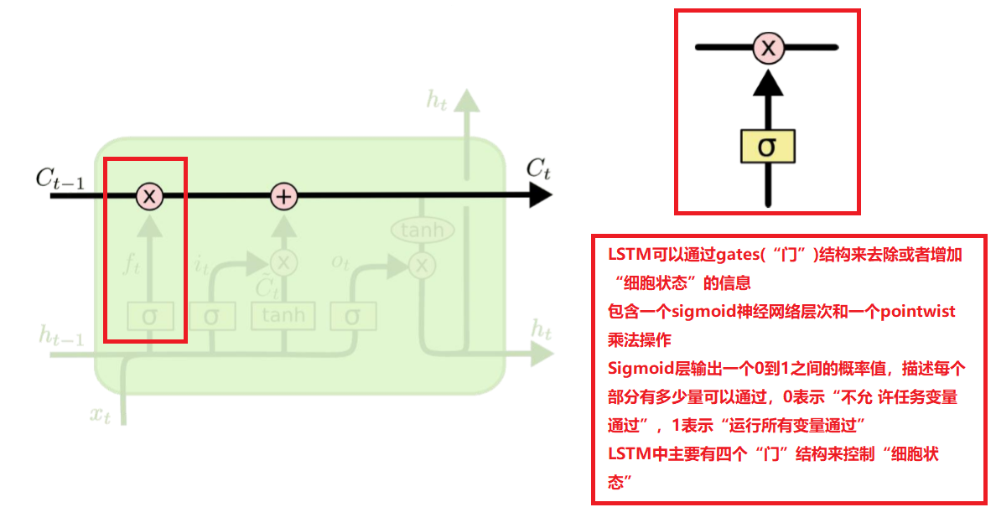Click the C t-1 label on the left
click(x=60, y=179)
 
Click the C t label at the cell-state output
click(x=537, y=168)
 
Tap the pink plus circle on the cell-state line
click(x=284, y=197)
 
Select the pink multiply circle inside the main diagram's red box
click(x=149, y=197)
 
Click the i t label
click(x=201, y=266)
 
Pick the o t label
click(x=340, y=264)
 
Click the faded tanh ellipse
click(x=423, y=230)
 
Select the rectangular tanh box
click(x=284, y=316)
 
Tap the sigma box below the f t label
click(x=149, y=316)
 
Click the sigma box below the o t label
click(x=352, y=316)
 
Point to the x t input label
click(x=100, y=413)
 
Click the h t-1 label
click(x=61, y=338)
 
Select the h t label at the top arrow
click(x=437, y=101)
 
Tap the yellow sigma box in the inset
click(x=767, y=147)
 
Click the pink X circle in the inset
click(x=767, y=47)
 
